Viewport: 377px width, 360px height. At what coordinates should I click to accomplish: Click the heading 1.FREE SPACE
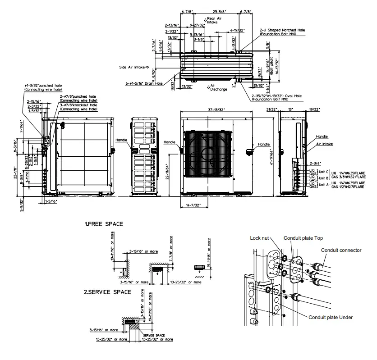(x=104, y=223)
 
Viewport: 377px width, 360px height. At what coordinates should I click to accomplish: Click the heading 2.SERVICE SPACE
(x=107, y=292)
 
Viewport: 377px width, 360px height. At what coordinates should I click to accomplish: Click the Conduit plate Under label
(x=331, y=317)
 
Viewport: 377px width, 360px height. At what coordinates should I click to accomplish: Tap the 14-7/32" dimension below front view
(x=202, y=206)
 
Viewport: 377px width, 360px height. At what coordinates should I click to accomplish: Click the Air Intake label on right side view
(x=324, y=144)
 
